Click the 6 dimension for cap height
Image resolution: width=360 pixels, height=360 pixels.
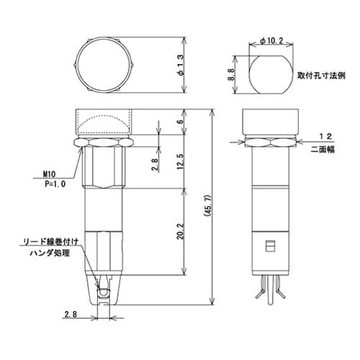tap(178, 122)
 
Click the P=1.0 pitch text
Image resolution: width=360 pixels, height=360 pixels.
tap(51, 184)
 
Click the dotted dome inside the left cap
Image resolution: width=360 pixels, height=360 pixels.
tap(104, 126)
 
